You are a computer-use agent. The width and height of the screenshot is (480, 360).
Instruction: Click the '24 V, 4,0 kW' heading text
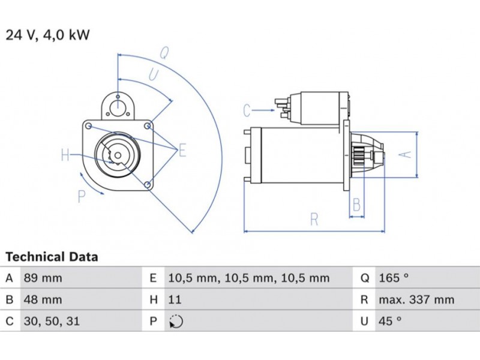coord(48,35)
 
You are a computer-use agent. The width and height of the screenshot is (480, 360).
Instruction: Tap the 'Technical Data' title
coord(52,257)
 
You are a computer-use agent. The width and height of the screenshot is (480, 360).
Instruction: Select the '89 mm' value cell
coord(43,278)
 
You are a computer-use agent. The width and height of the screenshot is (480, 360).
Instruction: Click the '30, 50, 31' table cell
coord(52,322)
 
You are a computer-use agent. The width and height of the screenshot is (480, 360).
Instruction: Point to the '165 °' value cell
coord(394,278)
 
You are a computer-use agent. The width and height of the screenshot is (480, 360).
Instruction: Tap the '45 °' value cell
coord(390,322)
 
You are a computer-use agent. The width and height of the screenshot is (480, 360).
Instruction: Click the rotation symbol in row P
coord(176,322)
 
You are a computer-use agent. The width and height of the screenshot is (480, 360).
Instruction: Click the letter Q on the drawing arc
coord(163,53)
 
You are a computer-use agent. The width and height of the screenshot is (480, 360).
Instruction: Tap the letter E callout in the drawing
coord(182,150)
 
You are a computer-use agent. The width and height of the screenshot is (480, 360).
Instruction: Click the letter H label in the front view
coord(65,155)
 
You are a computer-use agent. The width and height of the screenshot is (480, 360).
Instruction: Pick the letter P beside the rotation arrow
coord(82,196)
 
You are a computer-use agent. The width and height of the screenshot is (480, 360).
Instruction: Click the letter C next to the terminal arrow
coord(247,110)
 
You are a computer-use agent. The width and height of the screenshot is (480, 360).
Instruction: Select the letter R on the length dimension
coord(314,220)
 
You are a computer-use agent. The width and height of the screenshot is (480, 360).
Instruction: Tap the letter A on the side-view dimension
coord(406,154)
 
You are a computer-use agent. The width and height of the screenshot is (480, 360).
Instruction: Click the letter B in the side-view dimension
coord(356,205)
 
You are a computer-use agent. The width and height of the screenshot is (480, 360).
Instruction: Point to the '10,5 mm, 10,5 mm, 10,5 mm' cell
coord(249,278)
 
